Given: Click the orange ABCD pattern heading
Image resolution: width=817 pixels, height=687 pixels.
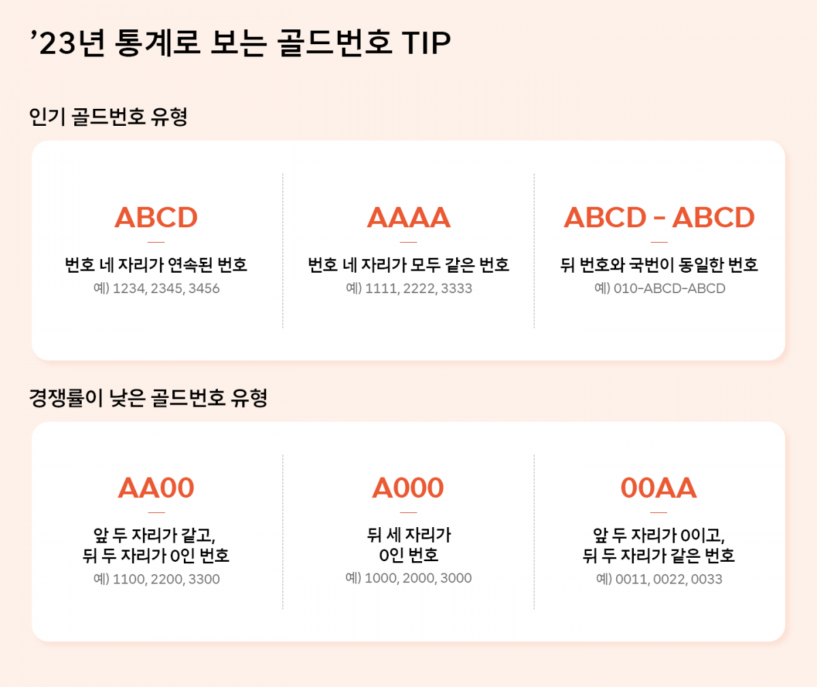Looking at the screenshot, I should click(x=156, y=218).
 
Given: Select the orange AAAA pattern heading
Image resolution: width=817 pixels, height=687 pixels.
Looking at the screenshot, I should click(x=408, y=218).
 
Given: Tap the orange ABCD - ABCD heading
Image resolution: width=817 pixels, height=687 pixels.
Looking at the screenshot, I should click(x=659, y=218).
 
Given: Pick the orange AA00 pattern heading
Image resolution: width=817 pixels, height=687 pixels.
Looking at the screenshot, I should click(x=156, y=488).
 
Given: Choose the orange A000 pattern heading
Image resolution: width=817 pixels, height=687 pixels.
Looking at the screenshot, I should click(x=408, y=488).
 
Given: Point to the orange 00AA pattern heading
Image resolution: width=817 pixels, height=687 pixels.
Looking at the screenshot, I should click(x=659, y=488).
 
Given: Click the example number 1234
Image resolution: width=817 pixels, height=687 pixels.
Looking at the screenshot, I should click(x=129, y=288).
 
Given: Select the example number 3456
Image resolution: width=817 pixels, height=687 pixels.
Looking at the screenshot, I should click(x=204, y=288).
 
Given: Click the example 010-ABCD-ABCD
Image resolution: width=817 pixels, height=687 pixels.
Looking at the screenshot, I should click(x=669, y=288).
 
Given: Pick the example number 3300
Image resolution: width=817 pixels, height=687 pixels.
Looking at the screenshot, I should click(x=204, y=580).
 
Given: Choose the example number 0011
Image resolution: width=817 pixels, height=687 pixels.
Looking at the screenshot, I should click(x=631, y=580).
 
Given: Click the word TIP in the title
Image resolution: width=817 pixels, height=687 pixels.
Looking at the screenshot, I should click(x=426, y=43).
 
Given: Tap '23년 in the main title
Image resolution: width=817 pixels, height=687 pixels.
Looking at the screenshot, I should click(x=68, y=43).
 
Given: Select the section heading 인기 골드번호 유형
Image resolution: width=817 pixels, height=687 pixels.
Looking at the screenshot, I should click(x=108, y=117).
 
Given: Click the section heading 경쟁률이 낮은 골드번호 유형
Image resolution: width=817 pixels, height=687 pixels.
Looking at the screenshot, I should click(x=148, y=398).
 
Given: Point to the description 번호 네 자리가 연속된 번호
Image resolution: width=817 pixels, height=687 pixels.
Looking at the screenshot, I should click(x=156, y=265).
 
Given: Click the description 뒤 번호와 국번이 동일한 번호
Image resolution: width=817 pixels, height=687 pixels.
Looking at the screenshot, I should click(x=659, y=265).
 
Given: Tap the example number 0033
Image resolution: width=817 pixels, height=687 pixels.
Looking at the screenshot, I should click(x=707, y=580).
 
